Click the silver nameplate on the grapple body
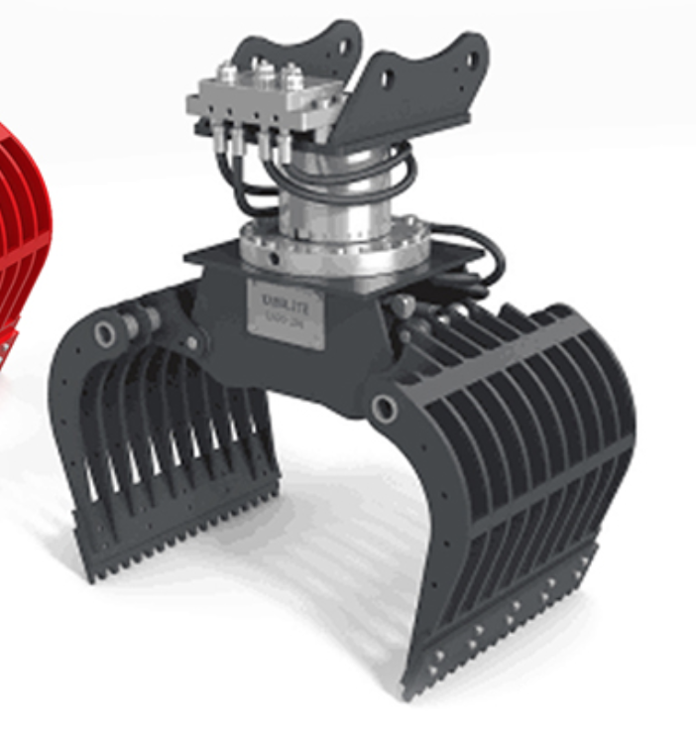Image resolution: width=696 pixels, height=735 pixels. click(x=286, y=313)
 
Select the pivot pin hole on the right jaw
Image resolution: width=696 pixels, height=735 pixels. click(x=385, y=408)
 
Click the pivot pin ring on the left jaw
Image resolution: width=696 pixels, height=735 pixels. click(x=105, y=334)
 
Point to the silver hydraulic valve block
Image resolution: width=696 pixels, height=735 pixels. click(x=263, y=99)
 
